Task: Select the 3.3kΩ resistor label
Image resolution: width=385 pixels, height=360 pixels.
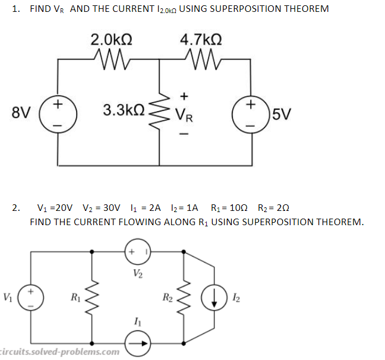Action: click(124, 110)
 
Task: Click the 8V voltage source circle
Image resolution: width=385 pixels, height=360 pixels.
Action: click(58, 112)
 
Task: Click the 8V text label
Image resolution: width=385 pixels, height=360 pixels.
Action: click(21, 112)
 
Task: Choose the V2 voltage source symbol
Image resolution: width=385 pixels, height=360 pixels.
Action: click(138, 252)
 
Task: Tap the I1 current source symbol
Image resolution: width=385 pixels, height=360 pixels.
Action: click(138, 341)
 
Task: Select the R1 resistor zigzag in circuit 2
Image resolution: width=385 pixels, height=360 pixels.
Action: click(91, 296)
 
